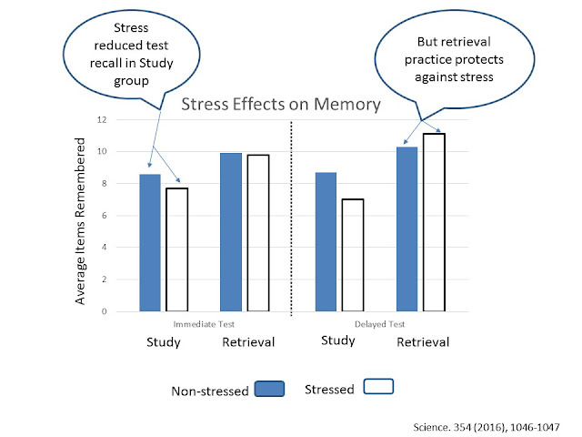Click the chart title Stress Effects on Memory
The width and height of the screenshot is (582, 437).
(267, 105)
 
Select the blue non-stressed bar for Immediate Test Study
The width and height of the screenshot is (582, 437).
(149, 242)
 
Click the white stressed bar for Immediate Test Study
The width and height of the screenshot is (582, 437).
(176, 249)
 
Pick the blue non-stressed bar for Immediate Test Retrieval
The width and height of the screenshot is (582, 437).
(231, 232)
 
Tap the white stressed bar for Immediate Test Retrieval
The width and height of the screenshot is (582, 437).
(257, 233)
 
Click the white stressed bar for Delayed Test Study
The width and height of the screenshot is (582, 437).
(353, 255)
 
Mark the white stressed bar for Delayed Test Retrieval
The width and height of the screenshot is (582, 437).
(435, 222)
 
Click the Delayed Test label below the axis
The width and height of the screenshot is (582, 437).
(378, 322)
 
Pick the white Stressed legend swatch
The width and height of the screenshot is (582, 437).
(377, 387)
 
